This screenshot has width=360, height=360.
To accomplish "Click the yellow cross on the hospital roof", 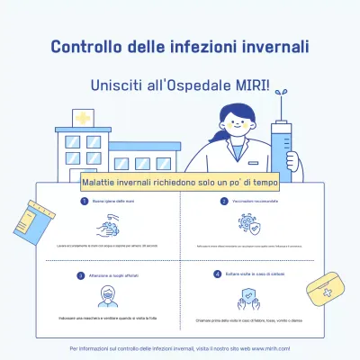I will pyautogui.click(x=83, y=119).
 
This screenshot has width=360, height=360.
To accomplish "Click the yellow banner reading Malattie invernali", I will pyautogui.click(x=180, y=181).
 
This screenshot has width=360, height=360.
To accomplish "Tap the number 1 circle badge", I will pyautogui.click(x=82, y=202).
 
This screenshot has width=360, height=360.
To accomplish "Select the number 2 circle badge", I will pyautogui.click(x=222, y=202).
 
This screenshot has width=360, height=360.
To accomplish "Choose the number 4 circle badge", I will pyautogui.click(x=217, y=274).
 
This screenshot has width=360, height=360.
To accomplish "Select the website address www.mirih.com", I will pyautogui.click(x=270, y=347).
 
